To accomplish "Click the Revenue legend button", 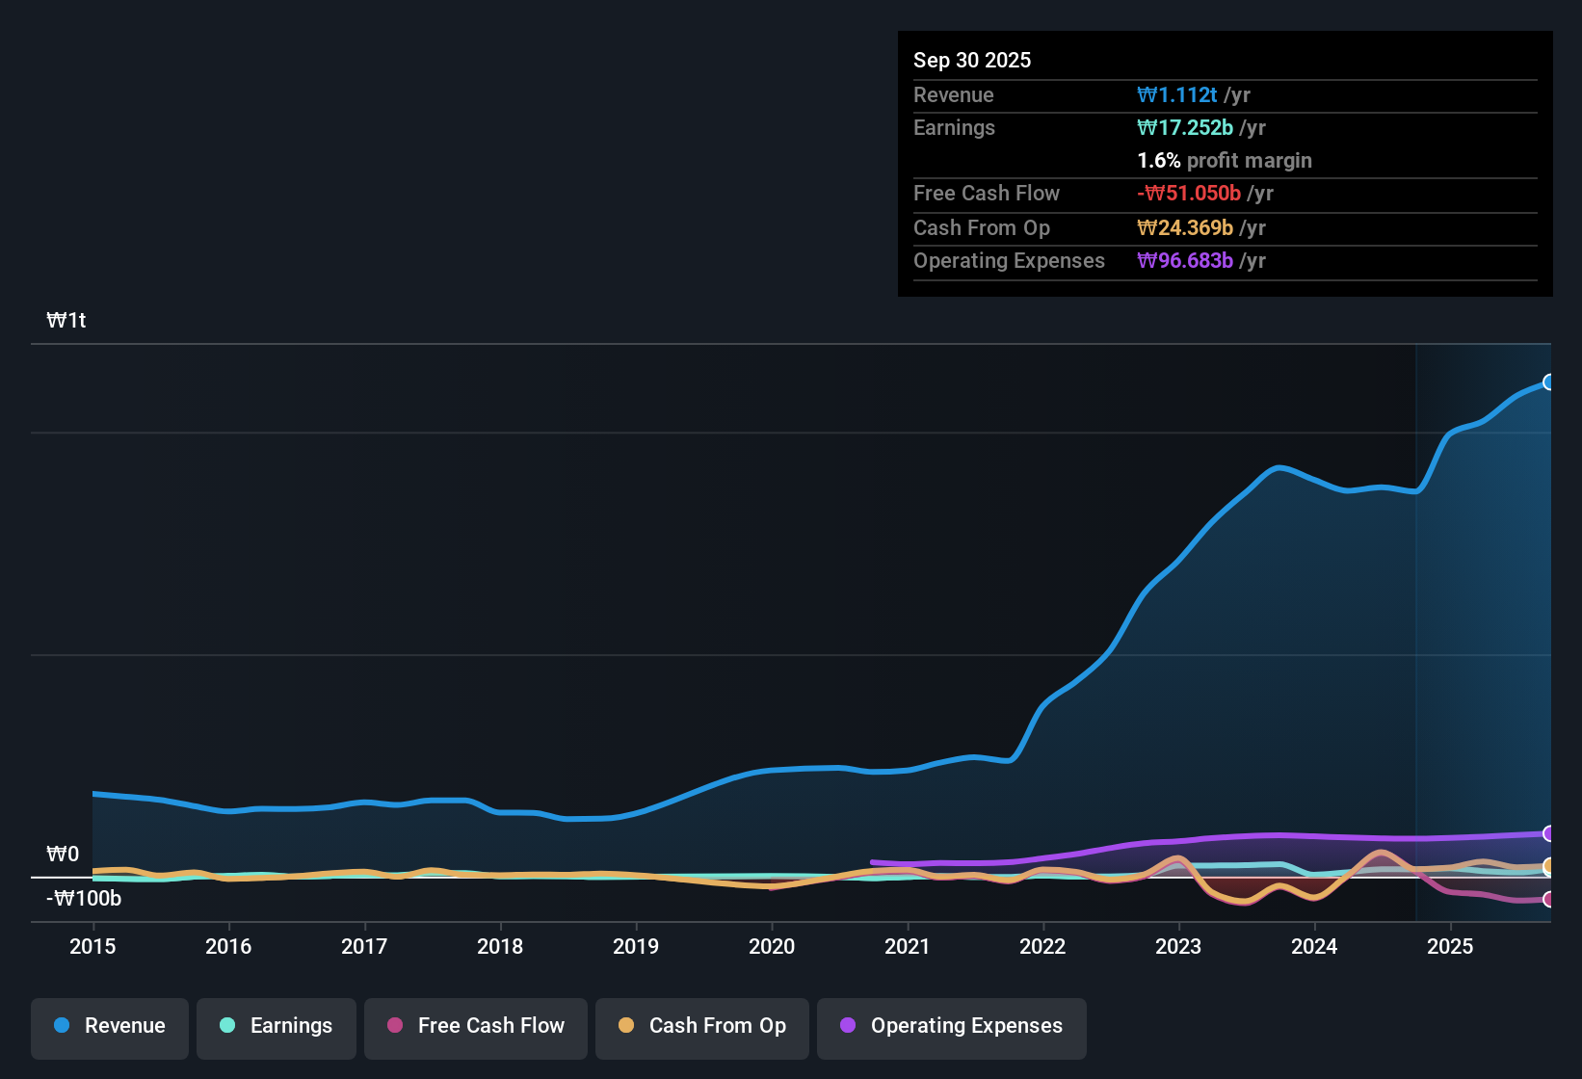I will tap(110, 1026).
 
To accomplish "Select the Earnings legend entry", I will tap(277, 1026).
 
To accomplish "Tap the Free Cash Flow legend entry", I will tap(476, 1026).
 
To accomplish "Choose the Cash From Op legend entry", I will tap(702, 1026).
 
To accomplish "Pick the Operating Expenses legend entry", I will tap(952, 1026).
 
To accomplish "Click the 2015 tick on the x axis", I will tap(92, 946).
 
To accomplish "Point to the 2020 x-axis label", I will tap(772, 946).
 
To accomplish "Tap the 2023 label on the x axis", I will tap(1178, 946).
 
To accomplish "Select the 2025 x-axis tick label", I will tap(1450, 946).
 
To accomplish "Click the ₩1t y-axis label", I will tap(66, 321).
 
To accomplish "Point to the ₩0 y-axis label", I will tap(63, 855).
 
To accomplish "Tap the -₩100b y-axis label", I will tap(84, 899).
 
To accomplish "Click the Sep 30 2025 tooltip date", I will tap(971, 60).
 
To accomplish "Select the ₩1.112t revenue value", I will tap(1177, 94).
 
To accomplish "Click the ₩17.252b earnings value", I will tap(1185, 128).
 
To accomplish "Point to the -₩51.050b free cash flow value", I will tap(1189, 194).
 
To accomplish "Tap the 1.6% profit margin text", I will tap(1225, 161).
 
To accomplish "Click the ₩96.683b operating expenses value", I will tap(1185, 261).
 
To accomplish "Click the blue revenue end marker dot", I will tap(1548, 382).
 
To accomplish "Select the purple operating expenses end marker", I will tap(1548, 833).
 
